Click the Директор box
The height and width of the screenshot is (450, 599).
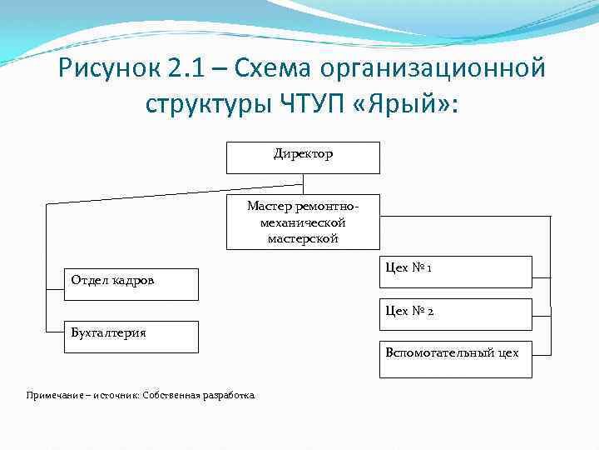[303, 157]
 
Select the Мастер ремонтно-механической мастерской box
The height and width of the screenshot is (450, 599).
[303, 222]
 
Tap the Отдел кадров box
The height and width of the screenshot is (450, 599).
[132, 283]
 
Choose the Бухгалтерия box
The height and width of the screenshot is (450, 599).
[132, 337]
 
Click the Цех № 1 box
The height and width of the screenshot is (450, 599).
[455, 272]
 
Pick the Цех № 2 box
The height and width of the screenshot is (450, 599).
[455, 314]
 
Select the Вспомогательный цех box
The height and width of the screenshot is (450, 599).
[455, 359]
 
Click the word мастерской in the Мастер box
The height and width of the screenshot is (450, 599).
[303, 238]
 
